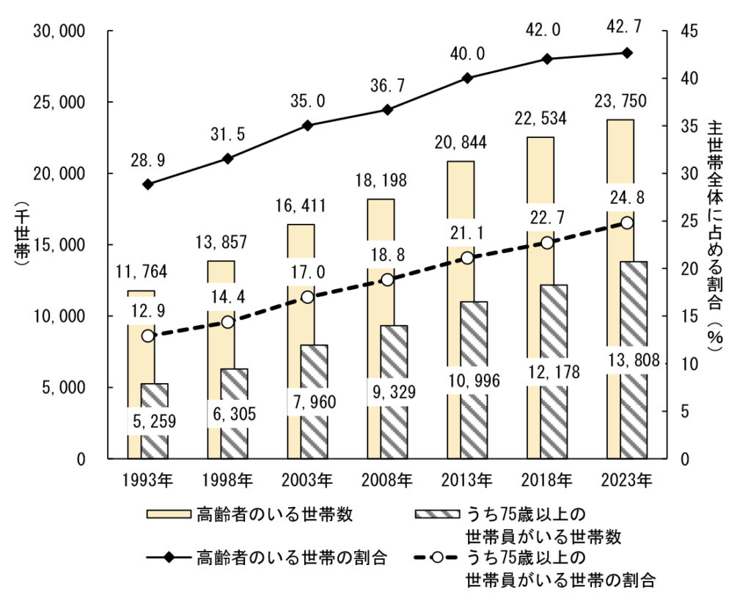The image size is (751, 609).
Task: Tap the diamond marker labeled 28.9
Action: tap(148, 184)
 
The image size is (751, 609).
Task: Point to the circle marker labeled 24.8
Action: tap(626, 222)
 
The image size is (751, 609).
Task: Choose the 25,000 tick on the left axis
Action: tap(61, 103)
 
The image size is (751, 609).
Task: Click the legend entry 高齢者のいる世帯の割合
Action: tap(291, 557)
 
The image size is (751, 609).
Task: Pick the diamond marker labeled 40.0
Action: tap(467, 78)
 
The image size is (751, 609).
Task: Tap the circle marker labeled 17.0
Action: tap(307, 297)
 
